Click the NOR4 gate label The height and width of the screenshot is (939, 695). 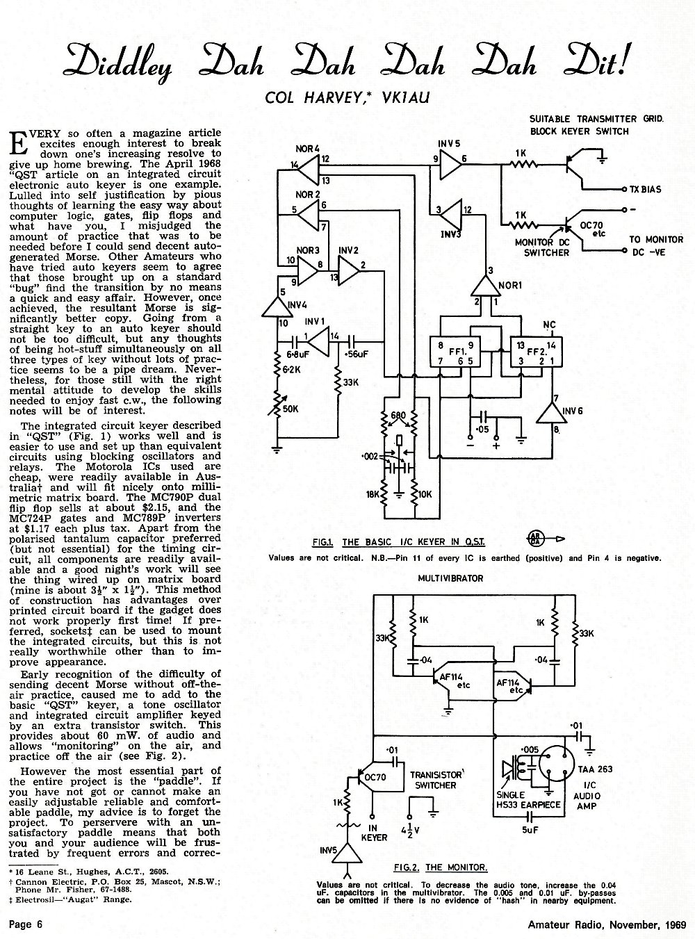coord(307,149)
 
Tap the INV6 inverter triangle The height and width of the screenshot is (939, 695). coord(551,412)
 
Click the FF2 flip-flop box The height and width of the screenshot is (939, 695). coord(536,352)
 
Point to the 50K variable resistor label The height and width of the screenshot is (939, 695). coord(291,409)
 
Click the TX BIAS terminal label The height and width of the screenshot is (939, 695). coord(646,190)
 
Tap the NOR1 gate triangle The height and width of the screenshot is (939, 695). coord(484,286)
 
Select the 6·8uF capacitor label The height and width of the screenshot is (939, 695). coord(298,354)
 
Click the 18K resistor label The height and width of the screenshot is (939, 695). coord(373,494)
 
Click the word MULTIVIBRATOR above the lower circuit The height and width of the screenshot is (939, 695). coord(450,578)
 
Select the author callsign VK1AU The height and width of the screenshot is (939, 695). coord(405,98)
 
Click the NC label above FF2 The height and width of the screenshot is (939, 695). coord(549,325)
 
